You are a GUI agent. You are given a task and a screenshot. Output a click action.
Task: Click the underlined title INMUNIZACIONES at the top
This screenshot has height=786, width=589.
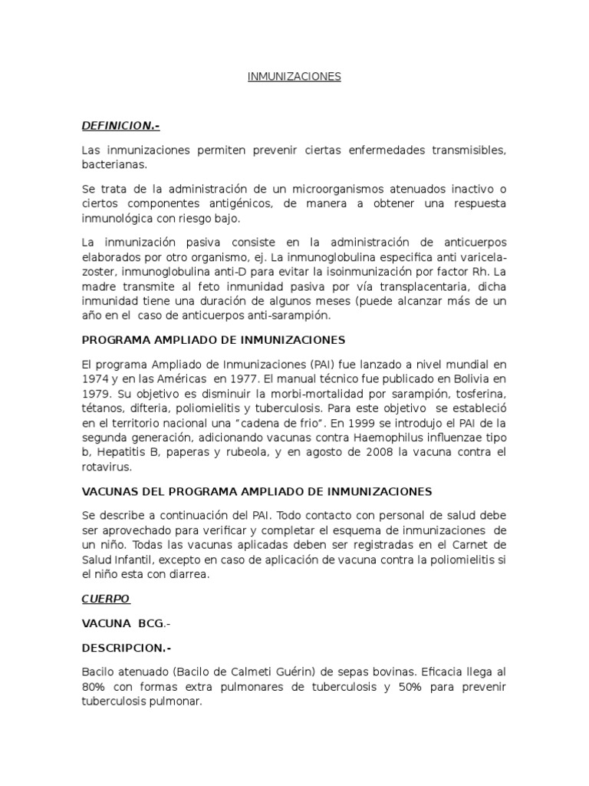pos(294,78)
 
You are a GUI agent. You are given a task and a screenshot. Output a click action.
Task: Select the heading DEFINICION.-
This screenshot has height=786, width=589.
pos(120,126)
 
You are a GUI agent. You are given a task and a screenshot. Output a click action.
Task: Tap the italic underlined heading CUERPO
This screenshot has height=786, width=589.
pos(106,598)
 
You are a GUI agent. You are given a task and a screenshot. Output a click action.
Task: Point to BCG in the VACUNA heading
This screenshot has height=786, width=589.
pos(150,623)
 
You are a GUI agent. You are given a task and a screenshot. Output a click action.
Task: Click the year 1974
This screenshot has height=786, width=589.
pos(95,378)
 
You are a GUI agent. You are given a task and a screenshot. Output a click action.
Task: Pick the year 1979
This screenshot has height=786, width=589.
pos(95,393)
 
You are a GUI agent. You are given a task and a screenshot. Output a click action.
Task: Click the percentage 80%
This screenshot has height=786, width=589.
pos(94,685)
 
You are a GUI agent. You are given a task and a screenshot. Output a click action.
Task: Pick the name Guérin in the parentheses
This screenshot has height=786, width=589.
pos(258,671)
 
